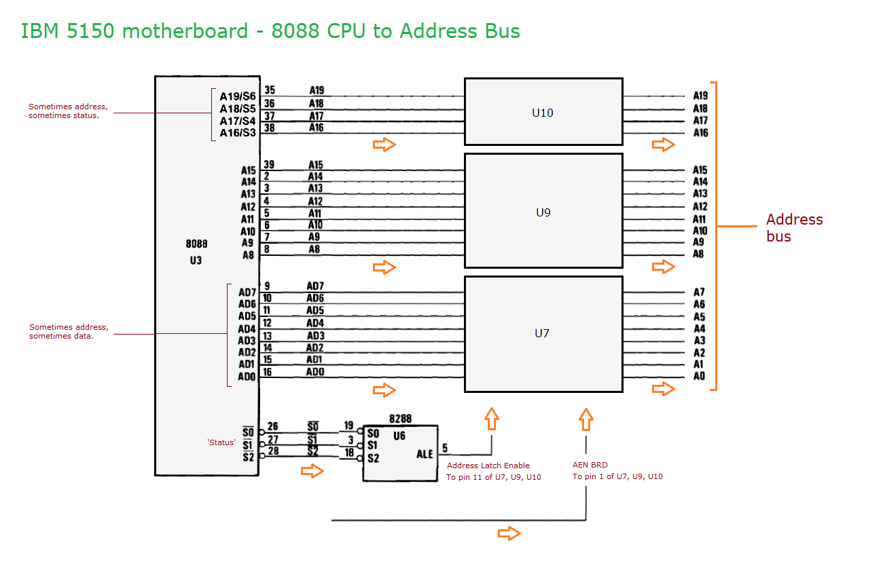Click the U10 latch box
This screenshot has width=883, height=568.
pos(543,112)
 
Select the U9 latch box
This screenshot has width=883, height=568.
pos(543,212)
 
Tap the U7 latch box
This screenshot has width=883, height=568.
pos(543,333)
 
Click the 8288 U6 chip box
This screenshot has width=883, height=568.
pos(400,453)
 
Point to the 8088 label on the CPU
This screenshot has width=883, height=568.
pos(196,244)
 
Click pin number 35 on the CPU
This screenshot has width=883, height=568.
pos(270,90)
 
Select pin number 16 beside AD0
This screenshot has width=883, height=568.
pos(268,372)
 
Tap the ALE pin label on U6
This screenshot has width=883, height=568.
pos(425,453)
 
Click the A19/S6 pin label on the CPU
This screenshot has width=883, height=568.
pos(238,96)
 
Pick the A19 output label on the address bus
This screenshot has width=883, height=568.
pos(700,96)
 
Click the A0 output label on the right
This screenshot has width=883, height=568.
pos(700,376)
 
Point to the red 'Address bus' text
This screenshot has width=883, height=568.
pos(794,228)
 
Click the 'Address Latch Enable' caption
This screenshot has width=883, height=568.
pos(488,466)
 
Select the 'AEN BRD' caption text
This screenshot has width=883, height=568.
pos(590,466)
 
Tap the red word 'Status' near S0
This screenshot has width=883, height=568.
pos(221,442)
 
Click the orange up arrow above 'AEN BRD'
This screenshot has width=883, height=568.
pos(586,419)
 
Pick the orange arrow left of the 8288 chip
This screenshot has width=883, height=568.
pos(312,471)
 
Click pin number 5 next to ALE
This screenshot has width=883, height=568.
pos(444,448)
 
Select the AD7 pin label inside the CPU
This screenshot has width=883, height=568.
pos(247,292)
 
